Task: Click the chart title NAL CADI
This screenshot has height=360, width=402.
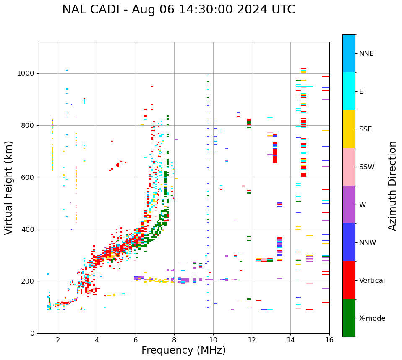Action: click(178, 10)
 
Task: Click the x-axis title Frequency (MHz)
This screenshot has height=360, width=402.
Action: click(183, 350)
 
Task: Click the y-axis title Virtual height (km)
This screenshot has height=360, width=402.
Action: click(9, 187)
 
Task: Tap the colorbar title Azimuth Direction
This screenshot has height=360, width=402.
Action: click(392, 185)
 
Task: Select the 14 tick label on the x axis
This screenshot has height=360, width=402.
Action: click(291, 339)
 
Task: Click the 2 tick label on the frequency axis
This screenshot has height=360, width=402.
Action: click(58, 339)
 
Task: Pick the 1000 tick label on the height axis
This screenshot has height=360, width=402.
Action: click(26, 73)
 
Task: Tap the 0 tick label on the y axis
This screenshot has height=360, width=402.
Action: click(32, 333)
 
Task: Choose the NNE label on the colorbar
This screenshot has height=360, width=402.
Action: click(366, 54)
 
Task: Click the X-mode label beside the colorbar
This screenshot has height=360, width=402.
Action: click(372, 318)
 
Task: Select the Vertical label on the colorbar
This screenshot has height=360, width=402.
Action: click(372, 281)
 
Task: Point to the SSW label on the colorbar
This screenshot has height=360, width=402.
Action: click(367, 167)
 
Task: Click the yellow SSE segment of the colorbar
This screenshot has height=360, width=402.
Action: click(349, 129)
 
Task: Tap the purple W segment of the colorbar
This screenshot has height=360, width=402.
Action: click(349, 205)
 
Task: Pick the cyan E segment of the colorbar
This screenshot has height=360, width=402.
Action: click(349, 91)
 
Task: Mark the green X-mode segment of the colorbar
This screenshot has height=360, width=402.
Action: click(349, 318)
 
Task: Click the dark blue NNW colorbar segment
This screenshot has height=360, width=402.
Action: click(349, 242)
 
